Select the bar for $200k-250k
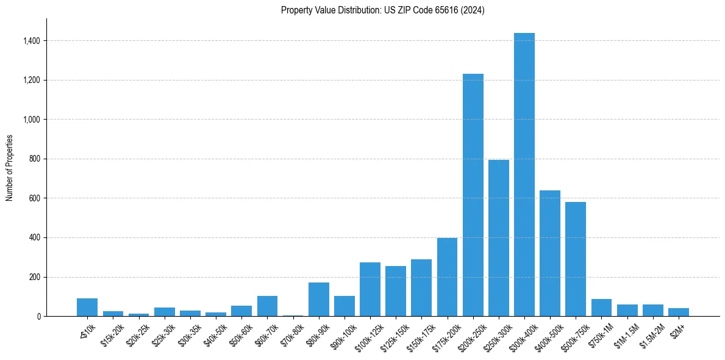(473, 195)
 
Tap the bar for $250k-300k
(498, 238)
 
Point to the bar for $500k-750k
(575, 259)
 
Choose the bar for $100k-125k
(370, 290)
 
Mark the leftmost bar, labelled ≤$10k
(87, 308)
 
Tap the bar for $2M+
(678, 312)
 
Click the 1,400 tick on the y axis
(32, 41)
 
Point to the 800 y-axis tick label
(35, 159)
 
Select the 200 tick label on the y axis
(35, 277)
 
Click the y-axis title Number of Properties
(9, 167)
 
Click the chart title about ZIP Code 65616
(382, 10)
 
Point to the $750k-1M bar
(601, 308)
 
